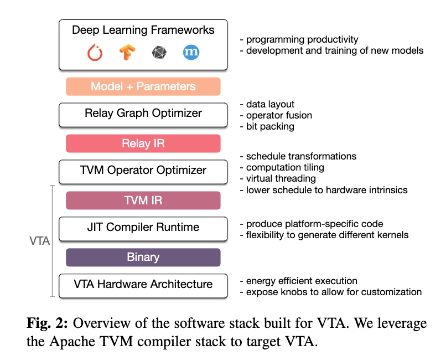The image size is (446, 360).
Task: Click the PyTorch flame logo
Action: [x=96, y=53]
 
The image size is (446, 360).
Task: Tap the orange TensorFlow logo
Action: [x=127, y=53]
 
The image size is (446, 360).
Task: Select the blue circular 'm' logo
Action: [x=191, y=53]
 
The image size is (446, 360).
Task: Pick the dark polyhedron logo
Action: [x=159, y=53]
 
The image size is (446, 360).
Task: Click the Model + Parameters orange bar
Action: [x=143, y=86]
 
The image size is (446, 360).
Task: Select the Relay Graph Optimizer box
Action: [x=143, y=114]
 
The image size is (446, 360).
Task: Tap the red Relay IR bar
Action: [x=143, y=143]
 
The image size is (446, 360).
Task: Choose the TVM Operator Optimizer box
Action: [x=143, y=171]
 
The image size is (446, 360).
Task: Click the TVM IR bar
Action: [x=143, y=200]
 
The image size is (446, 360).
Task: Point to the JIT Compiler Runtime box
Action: [x=143, y=227]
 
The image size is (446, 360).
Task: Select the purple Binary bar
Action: [x=143, y=257]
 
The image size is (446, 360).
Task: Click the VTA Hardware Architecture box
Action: [x=143, y=284]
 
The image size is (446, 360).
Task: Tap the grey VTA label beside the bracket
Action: [x=39, y=241]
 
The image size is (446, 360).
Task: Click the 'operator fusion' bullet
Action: [x=276, y=115]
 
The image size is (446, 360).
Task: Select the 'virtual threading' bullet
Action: [x=279, y=178]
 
